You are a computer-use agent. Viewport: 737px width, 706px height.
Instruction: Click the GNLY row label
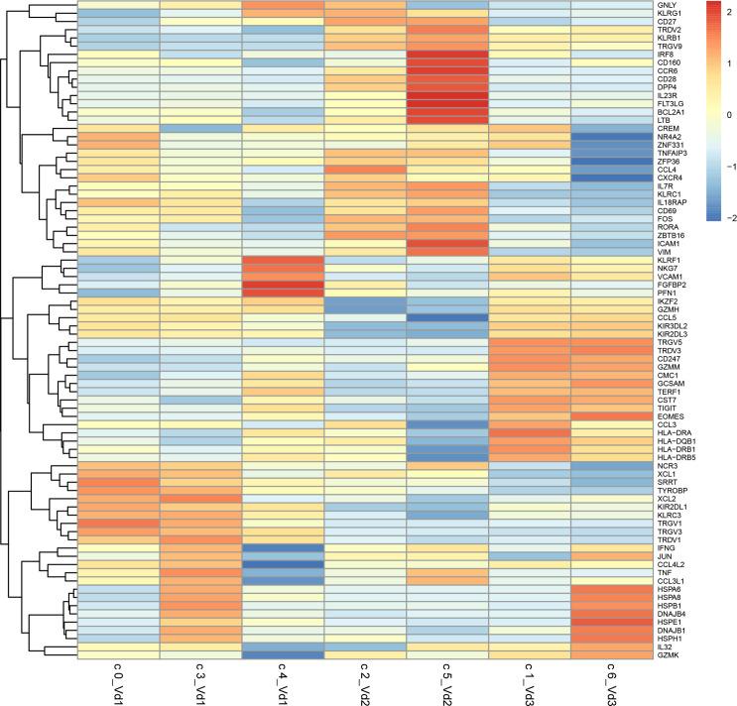pos(665,6)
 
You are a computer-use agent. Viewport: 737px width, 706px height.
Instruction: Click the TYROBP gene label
pos(671,492)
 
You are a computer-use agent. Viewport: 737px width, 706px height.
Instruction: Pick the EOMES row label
pos(669,415)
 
